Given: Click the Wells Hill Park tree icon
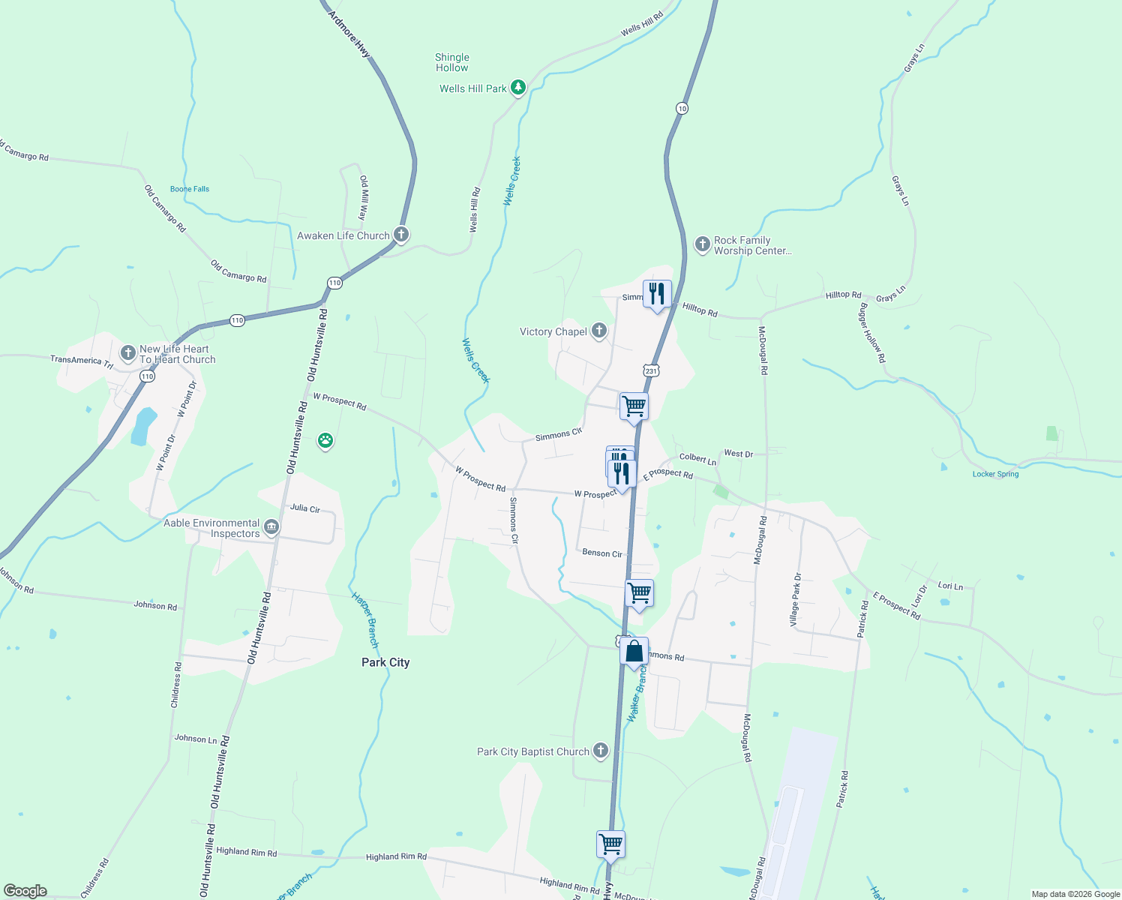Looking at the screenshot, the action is (x=517, y=88).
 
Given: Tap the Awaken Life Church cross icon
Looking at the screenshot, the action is (x=401, y=235).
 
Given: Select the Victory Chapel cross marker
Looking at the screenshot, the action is (x=598, y=331).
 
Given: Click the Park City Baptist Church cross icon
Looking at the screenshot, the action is (x=600, y=751).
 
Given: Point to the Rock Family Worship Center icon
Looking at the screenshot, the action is (x=702, y=244).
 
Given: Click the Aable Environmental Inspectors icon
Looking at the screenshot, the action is (x=271, y=527).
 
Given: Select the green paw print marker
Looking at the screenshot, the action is (x=325, y=440).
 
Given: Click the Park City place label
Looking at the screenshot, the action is (x=385, y=662).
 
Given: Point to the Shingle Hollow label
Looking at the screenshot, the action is (x=451, y=62).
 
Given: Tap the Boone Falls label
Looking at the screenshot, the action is (x=190, y=189).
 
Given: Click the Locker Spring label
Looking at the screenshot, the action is (x=995, y=474).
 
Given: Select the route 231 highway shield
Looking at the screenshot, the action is (x=650, y=370).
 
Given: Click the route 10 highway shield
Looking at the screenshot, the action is (x=681, y=108).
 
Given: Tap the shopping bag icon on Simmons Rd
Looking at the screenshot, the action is (x=634, y=651).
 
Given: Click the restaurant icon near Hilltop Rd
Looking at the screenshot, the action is (x=657, y=293).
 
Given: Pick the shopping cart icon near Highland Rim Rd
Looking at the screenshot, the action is (x=610, y=844).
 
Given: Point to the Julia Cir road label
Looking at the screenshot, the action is (x=305, y=508).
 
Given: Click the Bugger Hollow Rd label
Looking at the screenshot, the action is (x=872, y=333).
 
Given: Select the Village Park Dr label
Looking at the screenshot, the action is (x=796, y=600).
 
